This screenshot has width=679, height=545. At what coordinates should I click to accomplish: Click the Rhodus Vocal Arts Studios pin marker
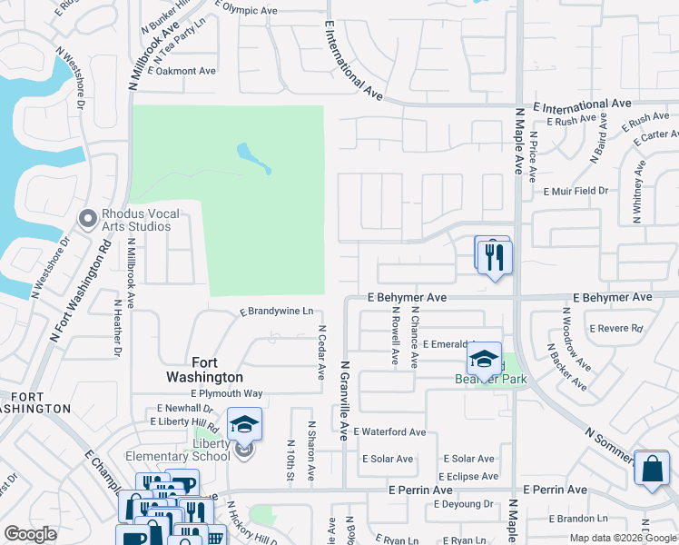(x=88, y=219)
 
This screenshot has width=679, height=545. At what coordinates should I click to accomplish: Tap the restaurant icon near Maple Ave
(x=495, y=257)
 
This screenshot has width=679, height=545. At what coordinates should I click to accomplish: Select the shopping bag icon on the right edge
(x=651, y=470)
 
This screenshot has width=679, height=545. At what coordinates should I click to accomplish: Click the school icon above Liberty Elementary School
(x=244, y=424)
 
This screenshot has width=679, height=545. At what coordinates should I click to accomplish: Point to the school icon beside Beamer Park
(x=485, y=358)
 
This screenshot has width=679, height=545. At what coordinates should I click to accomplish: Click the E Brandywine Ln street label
(x=276, y=312)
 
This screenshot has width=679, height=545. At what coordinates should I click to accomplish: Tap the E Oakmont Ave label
(x=181, y=71)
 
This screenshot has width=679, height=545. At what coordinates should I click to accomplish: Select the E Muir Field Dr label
(x=576, y=192)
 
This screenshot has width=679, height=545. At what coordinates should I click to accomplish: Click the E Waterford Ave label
(x=389, y=432)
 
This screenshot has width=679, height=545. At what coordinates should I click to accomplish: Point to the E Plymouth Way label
(x=227, y=393)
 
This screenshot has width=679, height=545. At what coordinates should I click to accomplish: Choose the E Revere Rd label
(x=615, y=329)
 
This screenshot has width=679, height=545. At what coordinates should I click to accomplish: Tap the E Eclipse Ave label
(x=467, y=476)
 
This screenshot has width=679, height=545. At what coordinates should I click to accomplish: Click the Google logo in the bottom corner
(x=30, y=534)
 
